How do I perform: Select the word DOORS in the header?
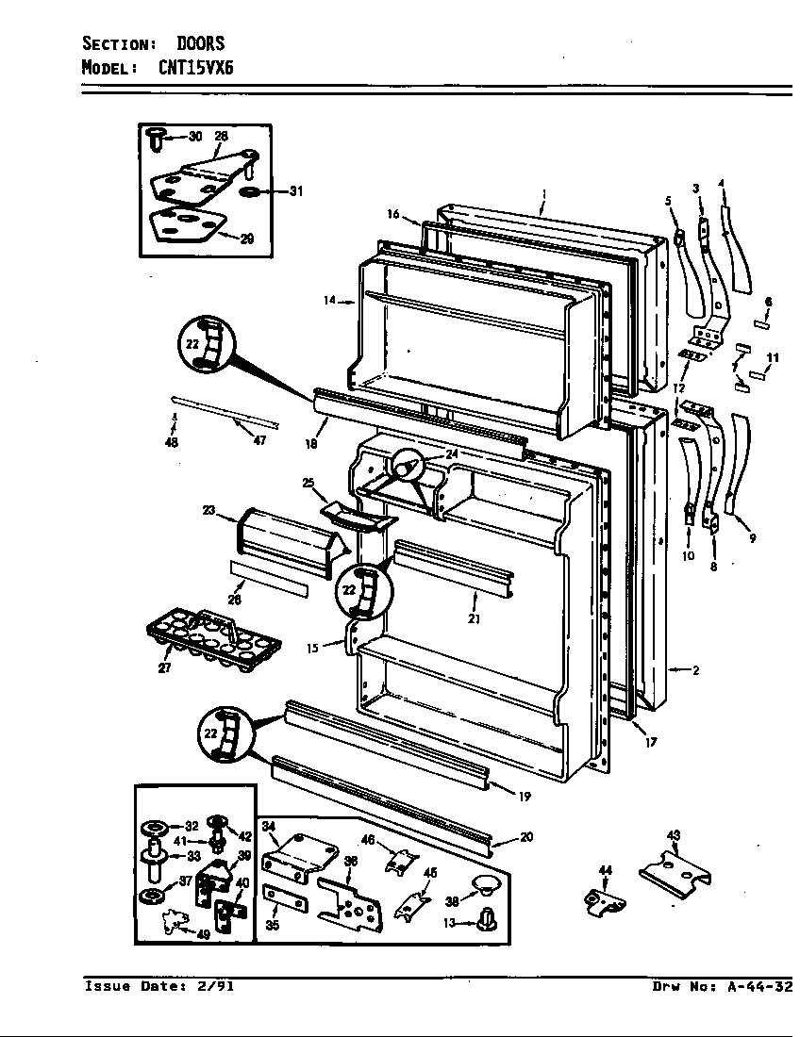[x=200, y=43]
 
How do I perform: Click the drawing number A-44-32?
[x=758, y=987]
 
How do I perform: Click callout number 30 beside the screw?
[x=194, y=137]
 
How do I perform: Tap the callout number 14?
[x=329, y=301]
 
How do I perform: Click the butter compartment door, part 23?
[x=283, y=541]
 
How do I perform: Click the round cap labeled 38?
[x=486, y=883]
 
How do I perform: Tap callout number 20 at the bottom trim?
[x=526, y=837]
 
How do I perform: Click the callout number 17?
[x=651, y=742]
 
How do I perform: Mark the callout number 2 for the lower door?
[x=694, y=670]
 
